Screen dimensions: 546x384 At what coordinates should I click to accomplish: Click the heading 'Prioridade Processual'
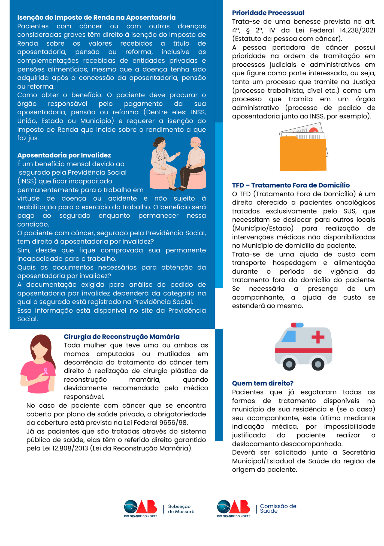(x=268, y=13)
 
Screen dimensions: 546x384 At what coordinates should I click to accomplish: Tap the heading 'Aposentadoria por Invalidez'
(x=64, y=155)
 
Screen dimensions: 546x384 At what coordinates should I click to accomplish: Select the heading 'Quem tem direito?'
(x=262, y=383)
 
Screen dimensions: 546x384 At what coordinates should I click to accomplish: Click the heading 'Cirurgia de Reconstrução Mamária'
(x=122, y=337)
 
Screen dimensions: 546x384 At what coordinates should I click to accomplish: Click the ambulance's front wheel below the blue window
(x=289, y=364)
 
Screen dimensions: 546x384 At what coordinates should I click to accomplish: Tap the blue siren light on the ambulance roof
(x=300, y=325)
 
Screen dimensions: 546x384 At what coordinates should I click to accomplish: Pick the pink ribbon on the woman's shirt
(x=46, y=371)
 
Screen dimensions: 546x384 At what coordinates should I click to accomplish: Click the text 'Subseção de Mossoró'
(x=181, y=509)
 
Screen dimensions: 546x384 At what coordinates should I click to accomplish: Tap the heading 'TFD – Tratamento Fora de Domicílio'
(x=291, y=185)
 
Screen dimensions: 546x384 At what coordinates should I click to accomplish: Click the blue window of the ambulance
(x=289, y=336)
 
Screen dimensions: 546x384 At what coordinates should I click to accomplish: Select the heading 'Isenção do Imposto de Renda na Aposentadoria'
(x=96, y=17)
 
